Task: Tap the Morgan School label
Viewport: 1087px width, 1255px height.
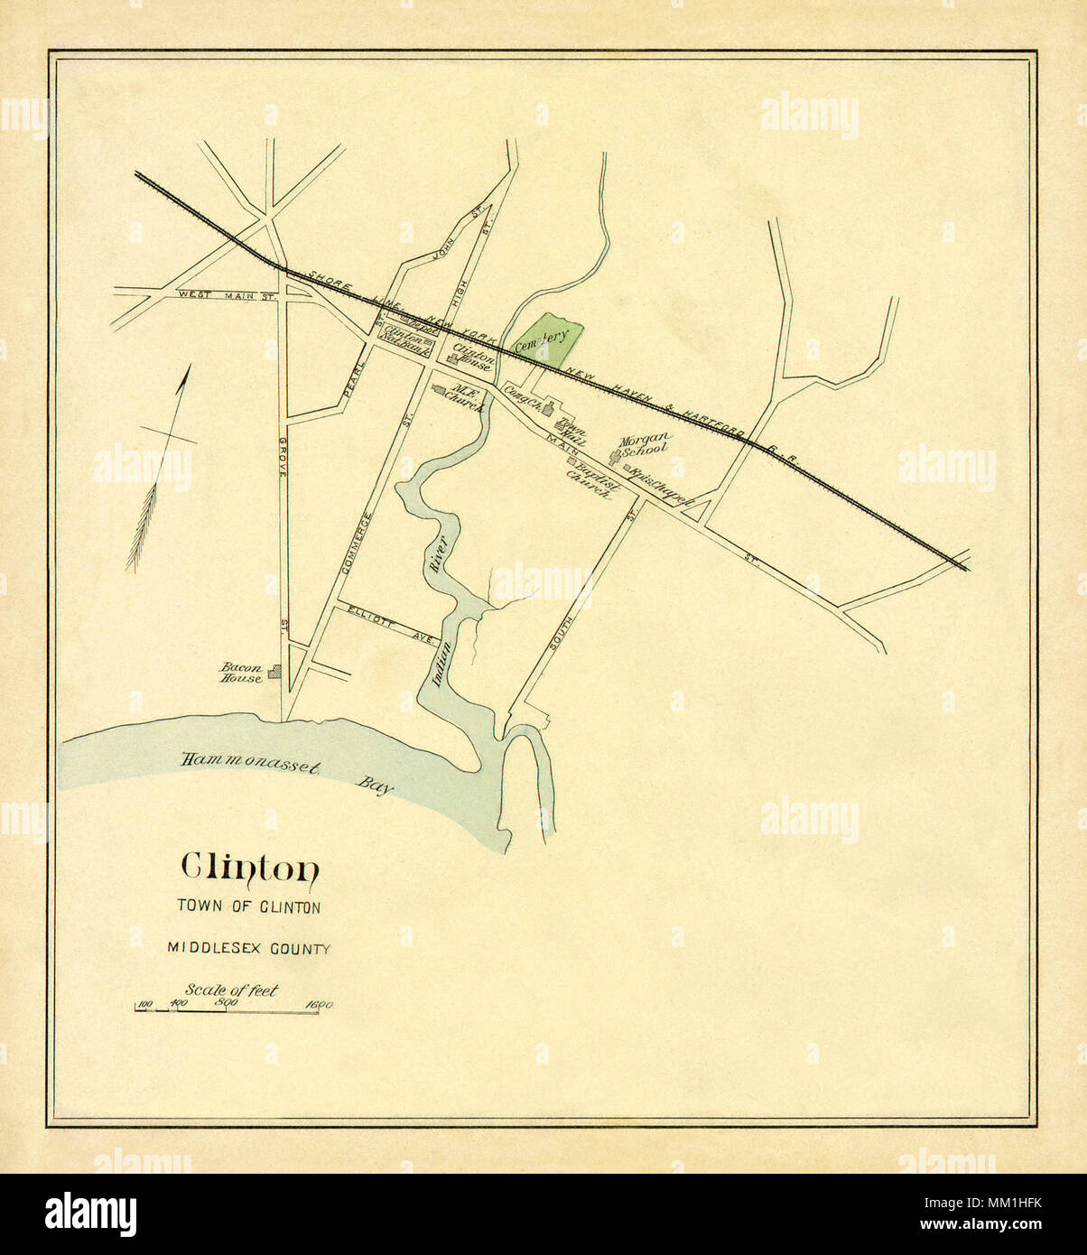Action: pos(644,443)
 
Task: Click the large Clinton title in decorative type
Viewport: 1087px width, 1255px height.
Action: pos(250,868)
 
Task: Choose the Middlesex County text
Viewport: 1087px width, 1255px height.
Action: pos(249,948)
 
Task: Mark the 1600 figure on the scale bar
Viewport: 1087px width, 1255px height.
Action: pos(320,1004)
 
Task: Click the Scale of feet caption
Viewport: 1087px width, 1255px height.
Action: pos(232,990)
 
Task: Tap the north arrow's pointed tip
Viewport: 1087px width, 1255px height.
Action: pos(189,367)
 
